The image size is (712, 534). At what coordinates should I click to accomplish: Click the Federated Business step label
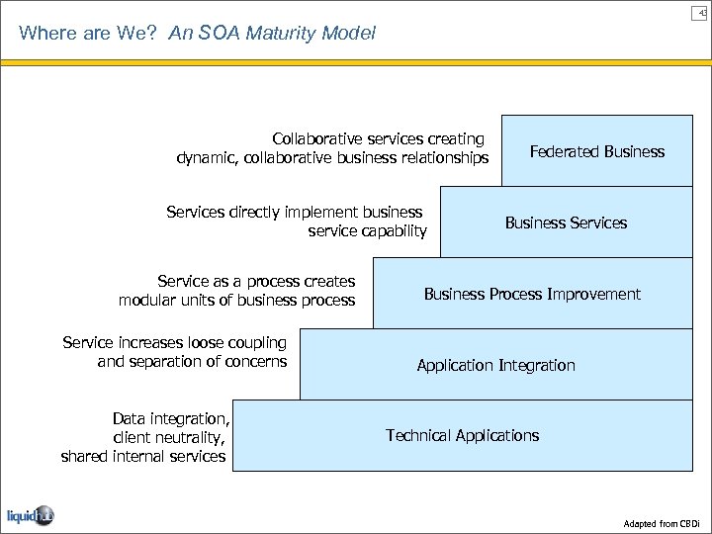[596, 151]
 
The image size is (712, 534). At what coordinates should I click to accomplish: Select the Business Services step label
[566, 222]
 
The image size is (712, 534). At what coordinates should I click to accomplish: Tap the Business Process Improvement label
[532, 294]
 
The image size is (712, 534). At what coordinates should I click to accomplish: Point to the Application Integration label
[495, 365]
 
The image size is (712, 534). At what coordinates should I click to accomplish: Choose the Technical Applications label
[462, 435]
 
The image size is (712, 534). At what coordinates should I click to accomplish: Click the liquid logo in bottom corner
[30, 514]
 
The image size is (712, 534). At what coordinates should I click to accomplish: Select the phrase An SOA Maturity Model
[272, 33]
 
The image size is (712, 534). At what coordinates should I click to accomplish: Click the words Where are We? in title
[90, 33]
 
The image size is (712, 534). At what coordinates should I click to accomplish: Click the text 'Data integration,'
[171, 418]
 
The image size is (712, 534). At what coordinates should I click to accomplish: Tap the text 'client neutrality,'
[169, 437]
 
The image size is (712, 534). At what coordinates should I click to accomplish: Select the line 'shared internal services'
[143, 456]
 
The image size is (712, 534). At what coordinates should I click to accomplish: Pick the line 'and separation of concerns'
[192, 361]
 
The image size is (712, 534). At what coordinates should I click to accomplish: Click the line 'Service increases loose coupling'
[174, 342]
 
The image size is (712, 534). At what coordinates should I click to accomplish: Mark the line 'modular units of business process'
[236, 300]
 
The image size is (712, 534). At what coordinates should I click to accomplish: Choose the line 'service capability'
[367, 230]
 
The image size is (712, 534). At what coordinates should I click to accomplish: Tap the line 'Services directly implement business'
[295, 212]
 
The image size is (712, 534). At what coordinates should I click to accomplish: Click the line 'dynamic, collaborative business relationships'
[332, 157]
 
